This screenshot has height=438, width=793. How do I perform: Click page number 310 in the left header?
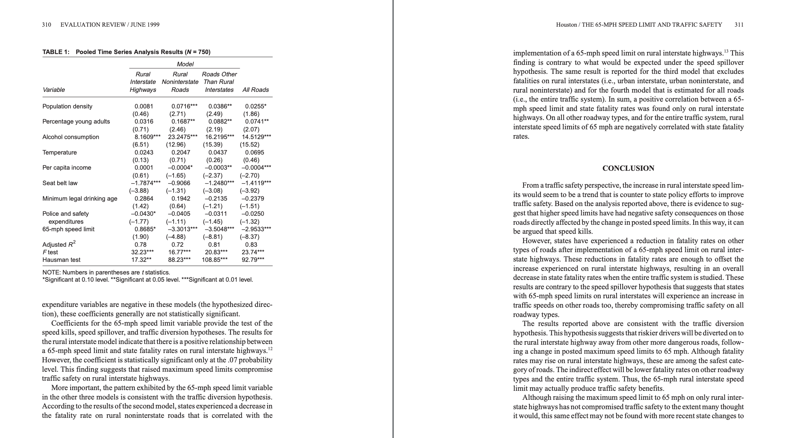pos(46,24)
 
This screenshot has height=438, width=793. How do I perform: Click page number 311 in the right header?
pos(739,24)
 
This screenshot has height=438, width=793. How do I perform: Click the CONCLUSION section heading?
pos(628,168)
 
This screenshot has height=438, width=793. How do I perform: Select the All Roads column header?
pos(255,90)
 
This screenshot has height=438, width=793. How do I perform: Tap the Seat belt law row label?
pos(60,183)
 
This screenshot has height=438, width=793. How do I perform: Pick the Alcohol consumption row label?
pos(71,137)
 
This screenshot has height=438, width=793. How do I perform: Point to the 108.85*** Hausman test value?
pos(215,260)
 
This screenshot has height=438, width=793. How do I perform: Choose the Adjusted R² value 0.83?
pos(251,245)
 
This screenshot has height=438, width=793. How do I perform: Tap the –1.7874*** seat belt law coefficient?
pos(145,183)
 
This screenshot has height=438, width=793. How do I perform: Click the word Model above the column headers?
pos(185,64)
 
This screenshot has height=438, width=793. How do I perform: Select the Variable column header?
pos(54,90)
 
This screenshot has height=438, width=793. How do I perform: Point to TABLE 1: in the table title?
pos(56,52)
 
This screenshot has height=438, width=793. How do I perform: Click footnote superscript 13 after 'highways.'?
pos(726,51)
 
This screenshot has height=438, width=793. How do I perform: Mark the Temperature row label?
pos(59,152)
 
